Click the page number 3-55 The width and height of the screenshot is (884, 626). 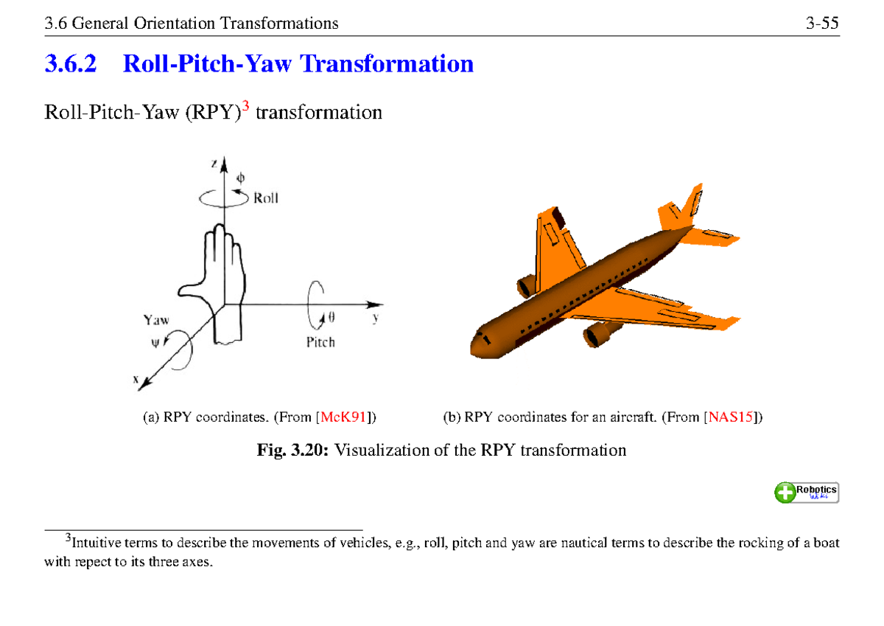[822, 24]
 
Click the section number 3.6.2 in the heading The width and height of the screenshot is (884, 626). [71, 65]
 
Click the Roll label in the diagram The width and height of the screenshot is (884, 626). [266, 198]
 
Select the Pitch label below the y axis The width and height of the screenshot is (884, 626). [320, 342]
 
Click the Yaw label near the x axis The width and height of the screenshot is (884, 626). [156, 320]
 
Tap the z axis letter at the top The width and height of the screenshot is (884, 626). [214, 164]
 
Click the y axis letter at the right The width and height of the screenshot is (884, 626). [375, 319]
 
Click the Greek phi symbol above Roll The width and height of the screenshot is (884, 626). [239, 178]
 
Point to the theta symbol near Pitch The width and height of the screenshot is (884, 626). [331, 319]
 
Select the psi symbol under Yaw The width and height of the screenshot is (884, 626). [155, 341]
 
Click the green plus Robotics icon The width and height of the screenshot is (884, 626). [785, 492]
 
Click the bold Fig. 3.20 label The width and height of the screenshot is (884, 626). [293, 450]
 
